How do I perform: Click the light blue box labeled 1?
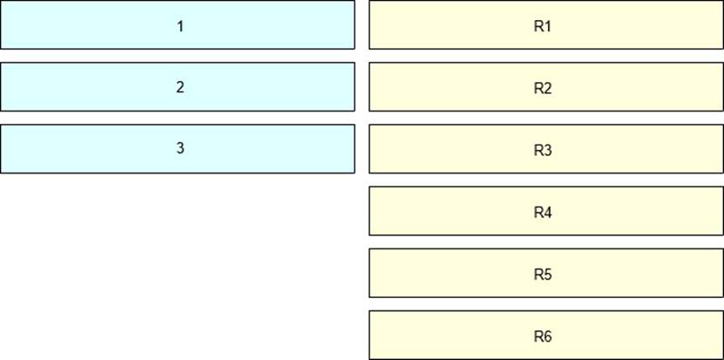pos(178,24)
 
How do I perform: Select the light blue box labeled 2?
pos(178,87)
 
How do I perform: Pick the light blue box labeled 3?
pos(178,149)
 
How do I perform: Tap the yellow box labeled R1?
pos(546,24)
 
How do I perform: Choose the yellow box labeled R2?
pos(546,87)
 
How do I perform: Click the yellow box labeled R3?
pos(546,149)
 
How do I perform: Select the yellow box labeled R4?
pos(546,211)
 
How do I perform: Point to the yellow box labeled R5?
pos(546,273)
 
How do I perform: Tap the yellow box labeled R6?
pos(546,335)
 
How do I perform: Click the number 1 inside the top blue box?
pos(180,26)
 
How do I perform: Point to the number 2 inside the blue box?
pos(180,87)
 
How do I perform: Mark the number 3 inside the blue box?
pos(180,148)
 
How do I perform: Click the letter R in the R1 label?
pos(538,26)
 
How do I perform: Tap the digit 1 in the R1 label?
pos(548,26)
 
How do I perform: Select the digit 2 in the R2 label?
pos(548,88)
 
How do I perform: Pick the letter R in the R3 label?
pos(538,150)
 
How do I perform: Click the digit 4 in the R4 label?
pos(548,213)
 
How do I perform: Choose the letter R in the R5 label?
pos(538,275)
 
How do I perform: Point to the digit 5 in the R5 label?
pos(548,275)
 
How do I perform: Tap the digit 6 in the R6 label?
pos(548,336)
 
